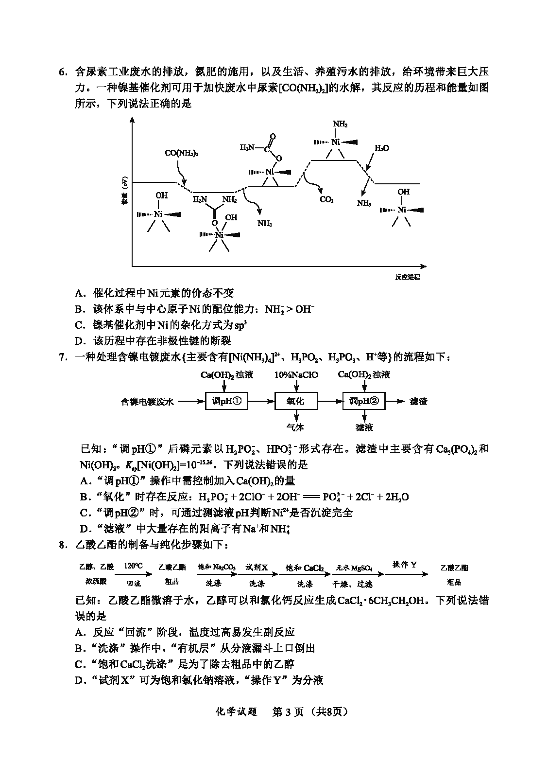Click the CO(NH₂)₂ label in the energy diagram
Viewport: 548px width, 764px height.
click(x=182, y=153)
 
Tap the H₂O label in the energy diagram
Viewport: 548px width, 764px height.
click(x=381, y=148)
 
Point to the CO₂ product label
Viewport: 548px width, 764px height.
click(x=326, y=199)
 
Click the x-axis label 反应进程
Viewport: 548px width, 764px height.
click(x=407, y=277)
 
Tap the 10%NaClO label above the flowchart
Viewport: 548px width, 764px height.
click(x=296, y=375)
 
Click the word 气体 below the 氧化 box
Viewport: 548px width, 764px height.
click(x=295, y=427)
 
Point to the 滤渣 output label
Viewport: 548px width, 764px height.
click(x=418, y=402)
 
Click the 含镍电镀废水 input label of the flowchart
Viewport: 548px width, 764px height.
click(x=147, y=402)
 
